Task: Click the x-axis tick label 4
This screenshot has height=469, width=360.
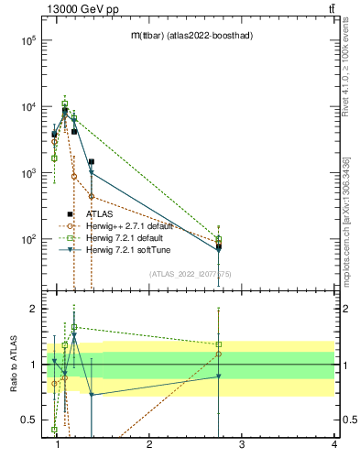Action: coord(333,444)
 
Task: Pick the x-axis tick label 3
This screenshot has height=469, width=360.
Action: coord(241,444)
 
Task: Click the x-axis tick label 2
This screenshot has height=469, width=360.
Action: coord(149,444)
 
